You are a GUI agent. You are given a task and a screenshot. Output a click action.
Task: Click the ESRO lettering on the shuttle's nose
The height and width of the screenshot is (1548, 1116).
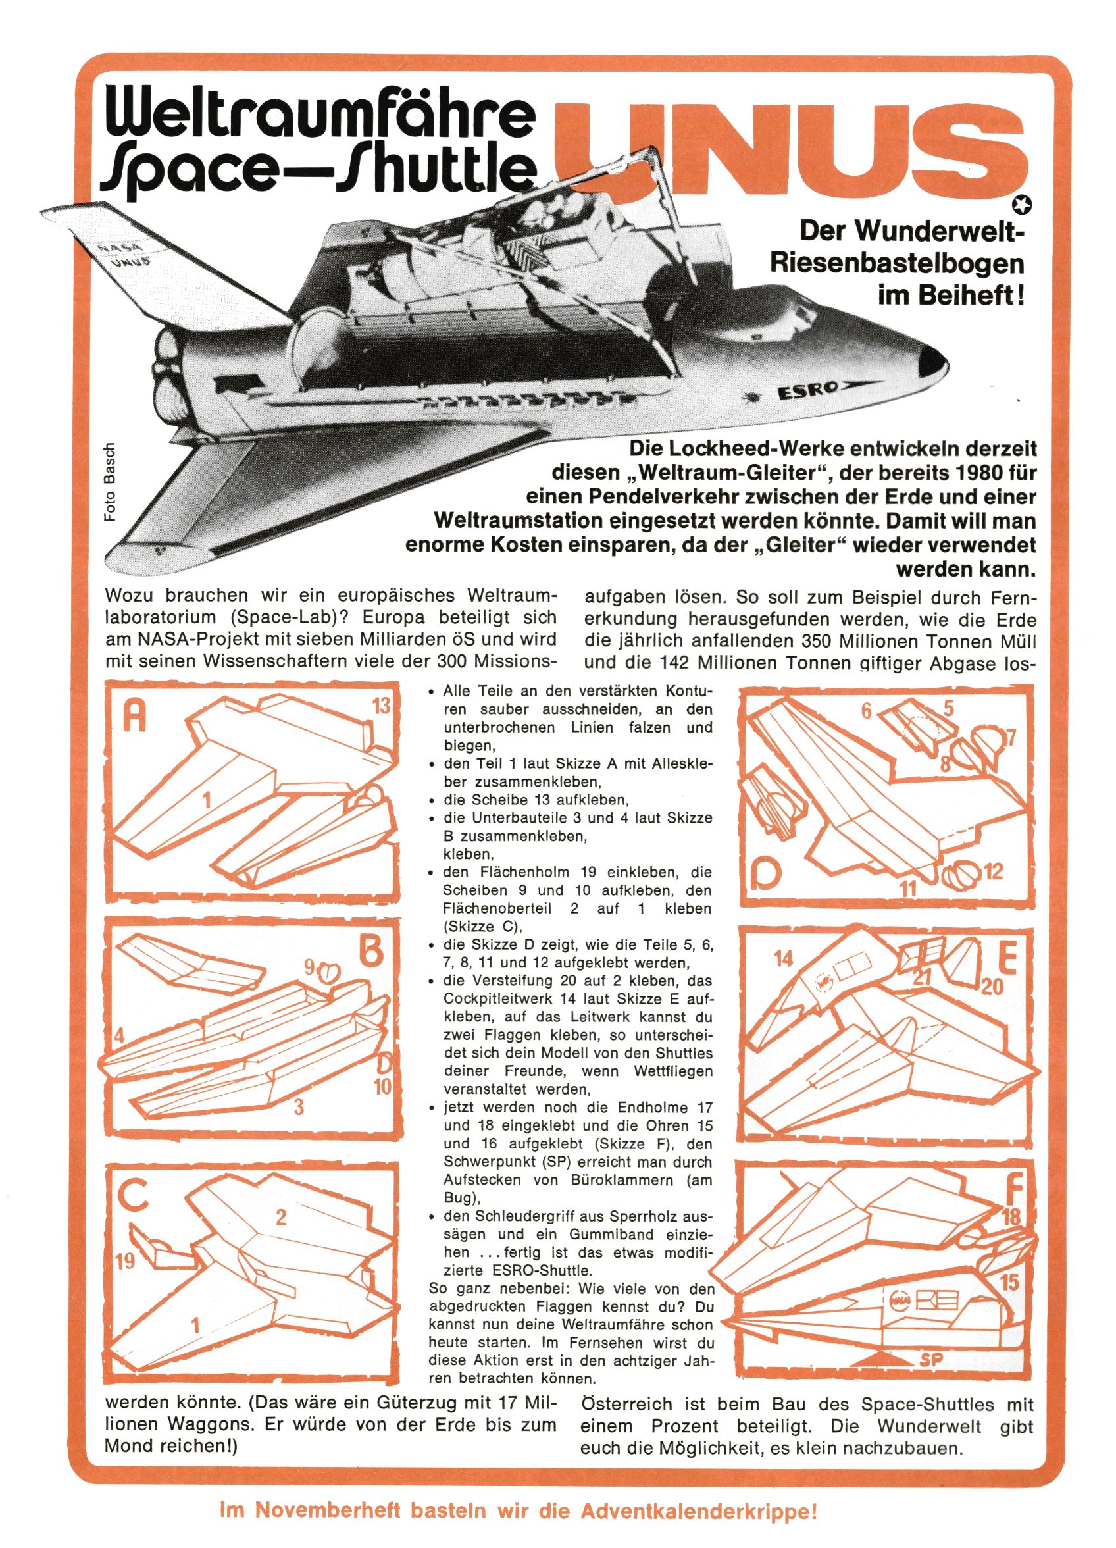(x=807, y=391)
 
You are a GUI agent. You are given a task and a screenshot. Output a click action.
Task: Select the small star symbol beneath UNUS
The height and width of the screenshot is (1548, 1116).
(x=1025, y=203)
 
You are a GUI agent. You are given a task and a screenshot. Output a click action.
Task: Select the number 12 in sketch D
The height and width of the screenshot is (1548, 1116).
(x=993, y=871)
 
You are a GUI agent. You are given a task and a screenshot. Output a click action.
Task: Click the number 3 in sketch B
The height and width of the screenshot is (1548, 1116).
(x=298, y=1107)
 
